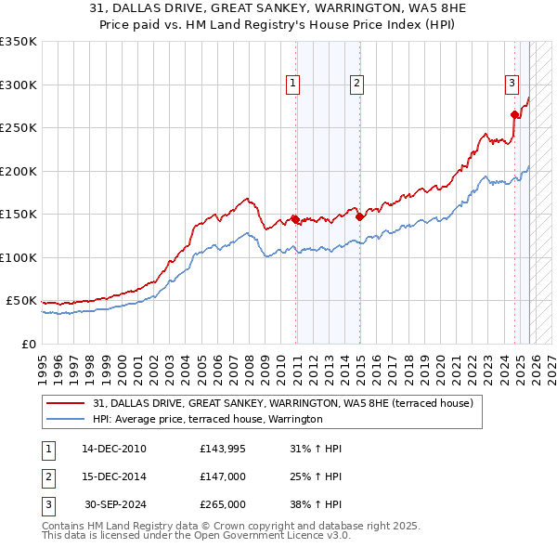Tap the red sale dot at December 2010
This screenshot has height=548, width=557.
pyautogui.click(x=295, y=219)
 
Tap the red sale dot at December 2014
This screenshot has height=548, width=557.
pyautogui.click(x=359, y=216)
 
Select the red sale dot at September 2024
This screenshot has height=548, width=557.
pyautogui.click(x=514, y=114)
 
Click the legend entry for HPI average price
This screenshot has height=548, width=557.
pyautogui.click(x=207, y=420)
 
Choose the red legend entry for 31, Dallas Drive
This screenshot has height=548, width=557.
pyautogui.click(x=283, y=403)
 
